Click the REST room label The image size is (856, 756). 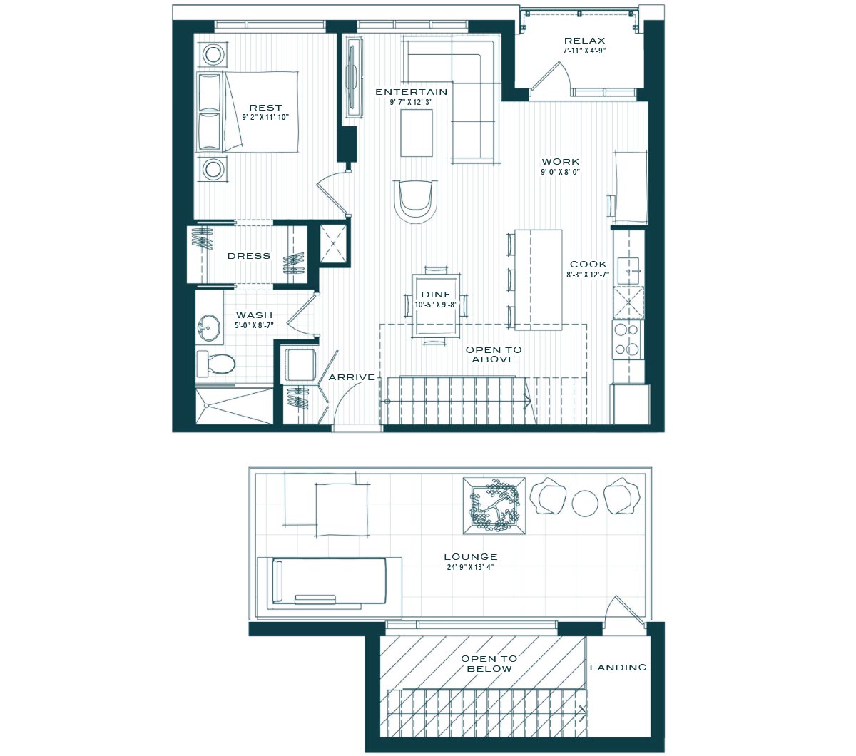point(265,108)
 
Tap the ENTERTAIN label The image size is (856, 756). point(411,92)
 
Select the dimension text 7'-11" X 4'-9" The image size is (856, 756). point(585,51)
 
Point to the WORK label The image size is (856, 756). point(561,162)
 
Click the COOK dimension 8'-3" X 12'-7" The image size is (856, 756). point(588,275)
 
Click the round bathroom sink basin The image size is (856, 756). point(209,327)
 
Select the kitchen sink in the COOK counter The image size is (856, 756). point(628,271)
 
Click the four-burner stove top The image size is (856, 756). point(628,339)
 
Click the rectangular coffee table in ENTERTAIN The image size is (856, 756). point(417,133)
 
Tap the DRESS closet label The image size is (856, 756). point(249,256)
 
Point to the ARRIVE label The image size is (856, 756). point(352,377)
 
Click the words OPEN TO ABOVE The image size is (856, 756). point(494,354)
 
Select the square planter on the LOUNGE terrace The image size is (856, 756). point(494,506)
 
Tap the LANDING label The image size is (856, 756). point(618,668)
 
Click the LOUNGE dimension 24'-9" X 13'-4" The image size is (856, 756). point(470,568)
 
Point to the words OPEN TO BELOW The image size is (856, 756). point(489,664)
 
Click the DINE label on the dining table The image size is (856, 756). point(437,295)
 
